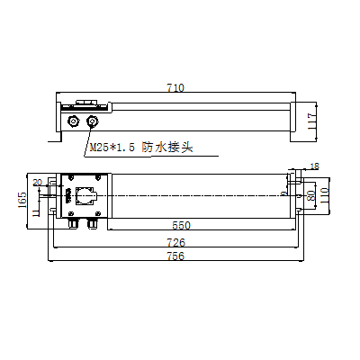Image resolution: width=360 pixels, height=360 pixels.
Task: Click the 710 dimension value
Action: [x=175, y=88]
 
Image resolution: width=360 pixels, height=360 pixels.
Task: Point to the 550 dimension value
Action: [x=181, y=224]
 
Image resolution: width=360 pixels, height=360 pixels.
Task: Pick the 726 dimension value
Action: [x=176, y=243]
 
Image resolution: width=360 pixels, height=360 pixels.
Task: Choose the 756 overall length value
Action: [x=176, y=256]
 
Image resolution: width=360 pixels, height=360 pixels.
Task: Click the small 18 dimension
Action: [x=313, y=166]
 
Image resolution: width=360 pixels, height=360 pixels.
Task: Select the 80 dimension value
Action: [x=310, y=194]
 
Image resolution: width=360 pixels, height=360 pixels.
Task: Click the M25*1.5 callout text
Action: [x=112, y=147]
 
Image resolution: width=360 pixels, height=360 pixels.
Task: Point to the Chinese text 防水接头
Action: [x=168, y=147]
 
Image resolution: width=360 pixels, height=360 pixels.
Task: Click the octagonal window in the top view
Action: [x=88, y=194]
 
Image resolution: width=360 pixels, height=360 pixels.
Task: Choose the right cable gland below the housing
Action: [x=91, y=220]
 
